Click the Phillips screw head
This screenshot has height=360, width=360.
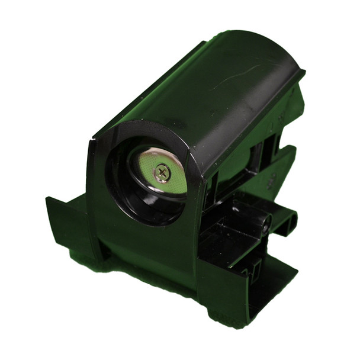click(x=162, y=172)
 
